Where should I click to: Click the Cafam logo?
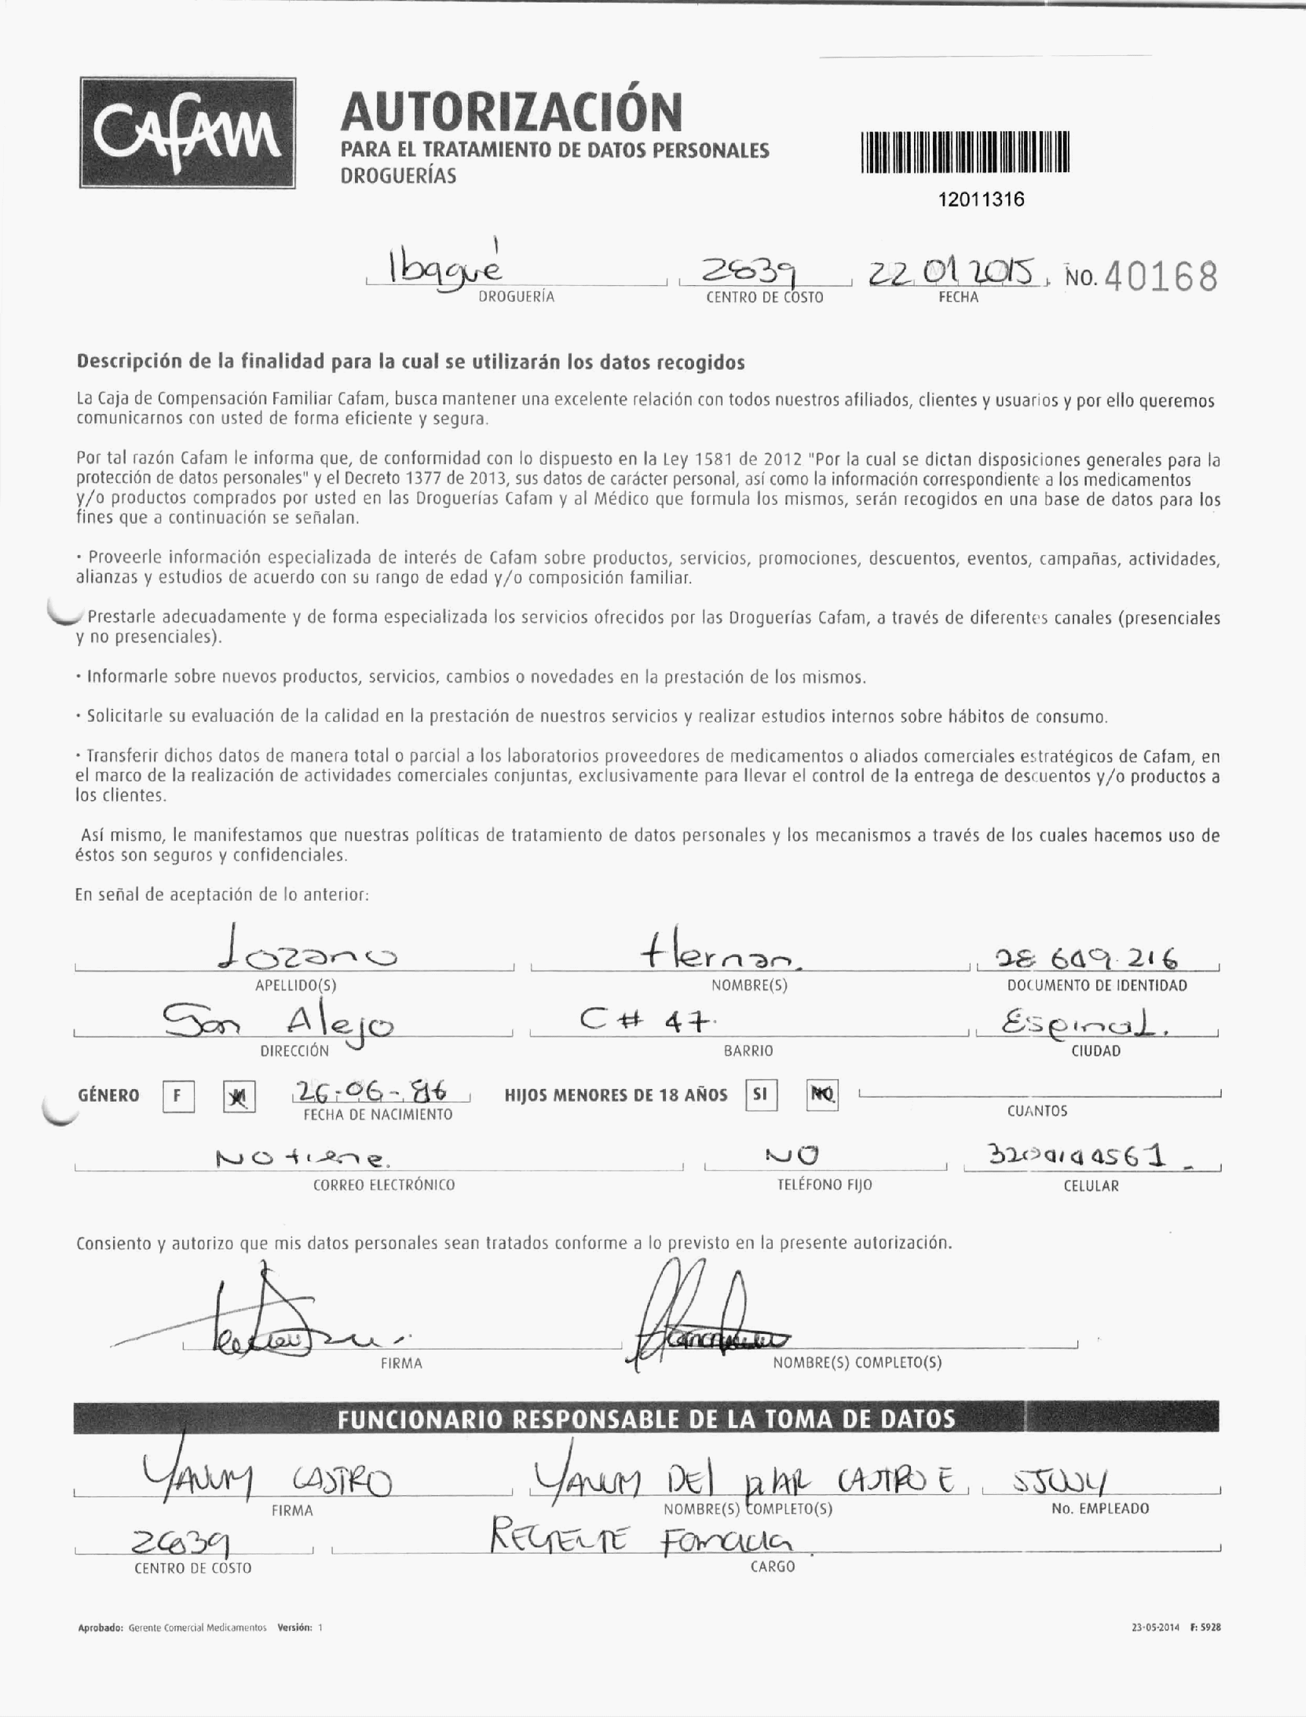point(187,133)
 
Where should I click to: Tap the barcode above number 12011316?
point(965,153)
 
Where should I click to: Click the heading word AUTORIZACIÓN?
point(511,112)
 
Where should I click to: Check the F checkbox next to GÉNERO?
point(178,1097)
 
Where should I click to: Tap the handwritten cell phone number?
point(1077,1157)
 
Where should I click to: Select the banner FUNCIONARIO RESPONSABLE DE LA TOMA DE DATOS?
point(645,1419)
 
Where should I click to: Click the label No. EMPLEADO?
point(1100,1508)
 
